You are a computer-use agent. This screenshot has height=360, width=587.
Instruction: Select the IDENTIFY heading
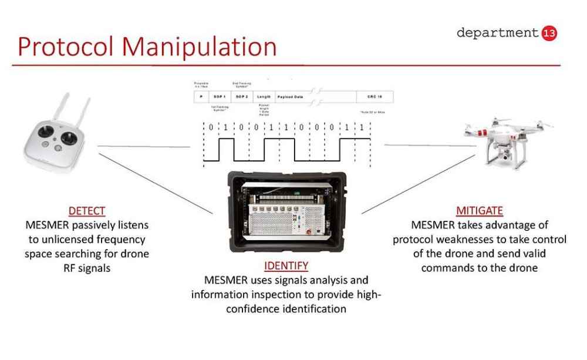coord(286,265)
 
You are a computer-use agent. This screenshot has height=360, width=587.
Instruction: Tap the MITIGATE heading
coord(480,210)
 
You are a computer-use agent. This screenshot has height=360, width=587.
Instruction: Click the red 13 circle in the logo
coord(550,33)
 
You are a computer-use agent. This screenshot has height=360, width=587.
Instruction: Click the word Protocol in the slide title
coord(65,47)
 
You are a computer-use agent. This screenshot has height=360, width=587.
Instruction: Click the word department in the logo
coord(497,33)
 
